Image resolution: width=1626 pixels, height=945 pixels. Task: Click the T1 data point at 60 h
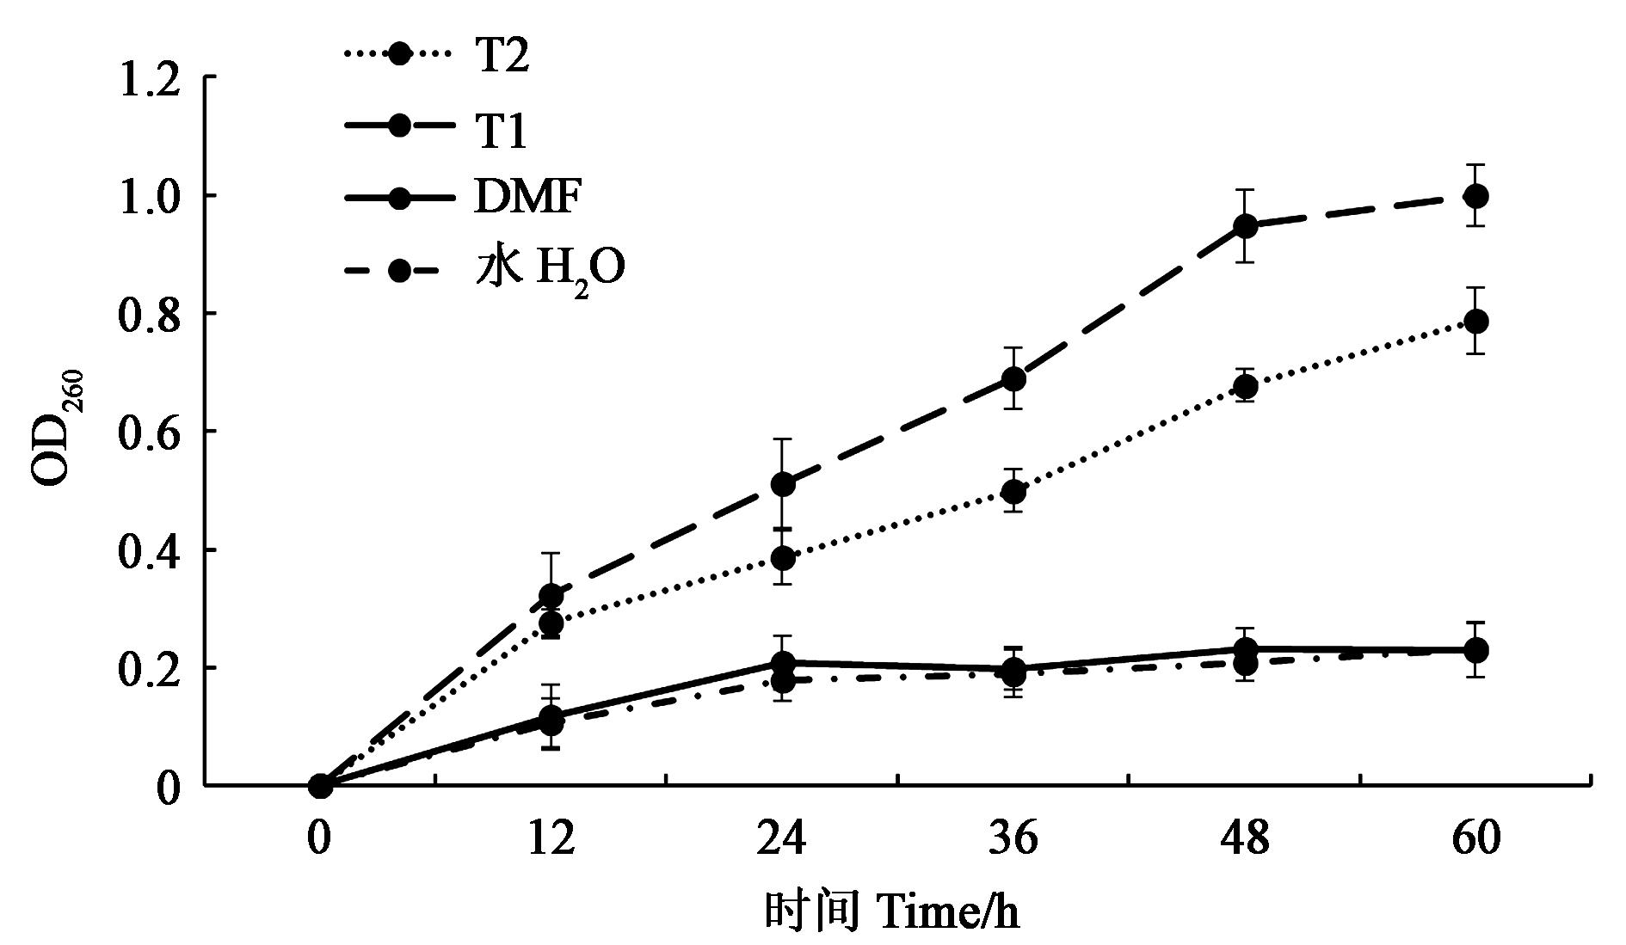pyautogui.click(x=1475, y=196)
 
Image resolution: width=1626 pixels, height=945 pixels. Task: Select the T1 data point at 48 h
pyautogui.click(x=1245, y=226)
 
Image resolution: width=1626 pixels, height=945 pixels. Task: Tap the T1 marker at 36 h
pyautogui.click(x=1014, y=378)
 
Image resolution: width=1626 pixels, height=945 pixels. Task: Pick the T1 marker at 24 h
pyautogui.click(x=783, y=484)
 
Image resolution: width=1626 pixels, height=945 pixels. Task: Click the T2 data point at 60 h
pyautogui.click(x=1475, y=322)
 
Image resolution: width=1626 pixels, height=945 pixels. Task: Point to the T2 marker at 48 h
pyautogui.click(x=1245, y=387)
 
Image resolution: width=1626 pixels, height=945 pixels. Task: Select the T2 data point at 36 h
pyautogui.click(x=1014, y=492)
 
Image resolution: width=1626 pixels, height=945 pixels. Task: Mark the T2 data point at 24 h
pyautogui.click(x=783, y=558)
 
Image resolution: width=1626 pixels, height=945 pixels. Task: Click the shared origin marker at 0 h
pyautogui.click(x=320, y=785)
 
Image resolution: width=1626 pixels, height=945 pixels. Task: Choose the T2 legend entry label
pyautogui.click(x=501, y=58)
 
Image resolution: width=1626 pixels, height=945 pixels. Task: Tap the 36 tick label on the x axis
pyautogui.click(x=1014, y=839)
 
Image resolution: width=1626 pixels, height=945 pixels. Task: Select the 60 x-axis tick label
pyautogui.click(x=1475, y=839)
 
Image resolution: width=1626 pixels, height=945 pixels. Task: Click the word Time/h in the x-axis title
pyautogui.click(x=949, y=911)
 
